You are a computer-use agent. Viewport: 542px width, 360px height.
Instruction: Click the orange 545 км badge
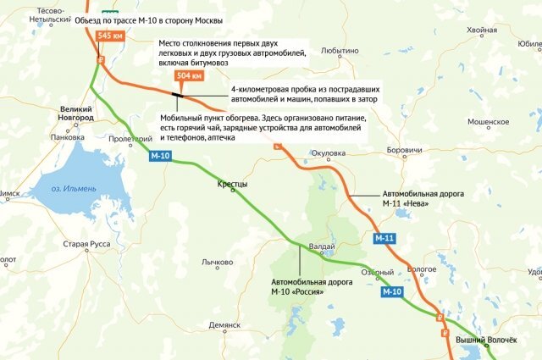[x=110, y=36]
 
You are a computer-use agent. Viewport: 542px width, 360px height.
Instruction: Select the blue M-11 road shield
[x=384, y=239]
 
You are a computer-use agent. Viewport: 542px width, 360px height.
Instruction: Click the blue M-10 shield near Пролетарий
[x=160, y=156]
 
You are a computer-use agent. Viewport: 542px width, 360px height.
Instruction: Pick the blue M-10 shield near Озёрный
[x=391, y=291]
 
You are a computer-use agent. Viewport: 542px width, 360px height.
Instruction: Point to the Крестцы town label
[x=232, y=184]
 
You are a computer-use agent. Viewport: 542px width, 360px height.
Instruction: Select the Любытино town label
[x=340, y=51]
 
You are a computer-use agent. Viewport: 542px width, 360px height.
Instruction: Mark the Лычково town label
[x=216, y=263]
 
